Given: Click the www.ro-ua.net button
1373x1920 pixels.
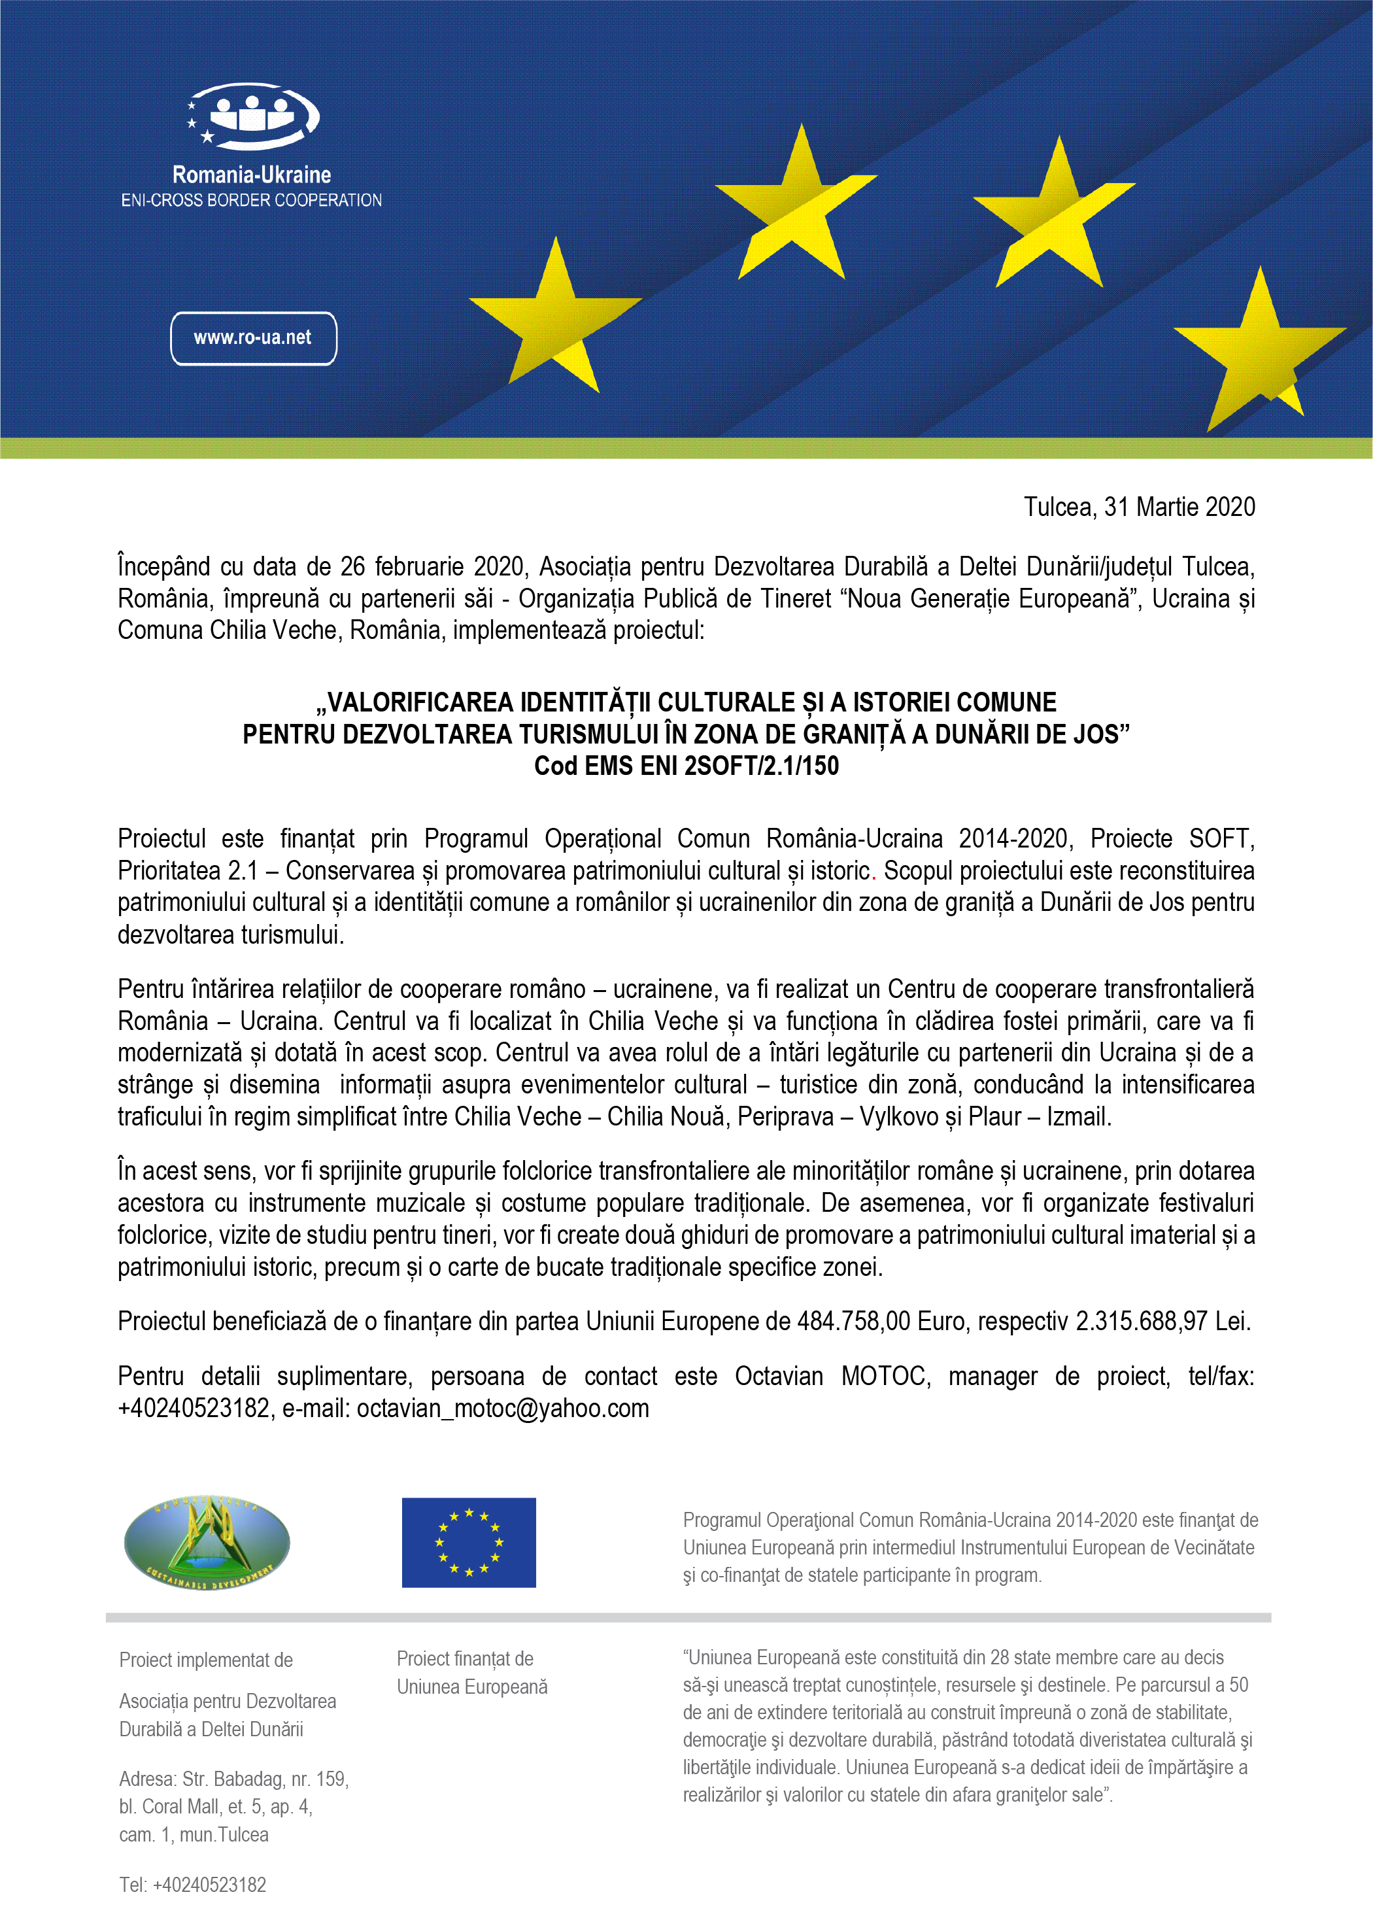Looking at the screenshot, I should coord(254,338).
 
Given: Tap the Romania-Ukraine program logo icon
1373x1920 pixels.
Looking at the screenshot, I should coord(252,114).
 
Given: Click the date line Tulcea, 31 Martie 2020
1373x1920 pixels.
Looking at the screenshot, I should coord(1139,507).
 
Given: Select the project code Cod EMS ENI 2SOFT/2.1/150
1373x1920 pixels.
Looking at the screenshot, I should coord(686,766).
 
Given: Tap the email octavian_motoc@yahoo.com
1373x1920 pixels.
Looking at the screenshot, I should coord(503,1409).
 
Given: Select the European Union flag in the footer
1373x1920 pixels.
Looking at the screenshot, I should coord(468,1542).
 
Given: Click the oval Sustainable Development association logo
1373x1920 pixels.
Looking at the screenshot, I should coord(207,1542).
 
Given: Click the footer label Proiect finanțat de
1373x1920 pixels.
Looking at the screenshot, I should coord(465,1659).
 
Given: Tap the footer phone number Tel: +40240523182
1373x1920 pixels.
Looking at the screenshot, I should coord(193,1885).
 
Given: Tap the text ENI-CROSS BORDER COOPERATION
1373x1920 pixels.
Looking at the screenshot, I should coord(251,200).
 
